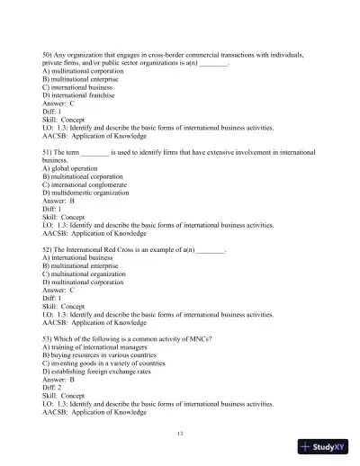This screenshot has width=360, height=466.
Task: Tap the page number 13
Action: point(180,434)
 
